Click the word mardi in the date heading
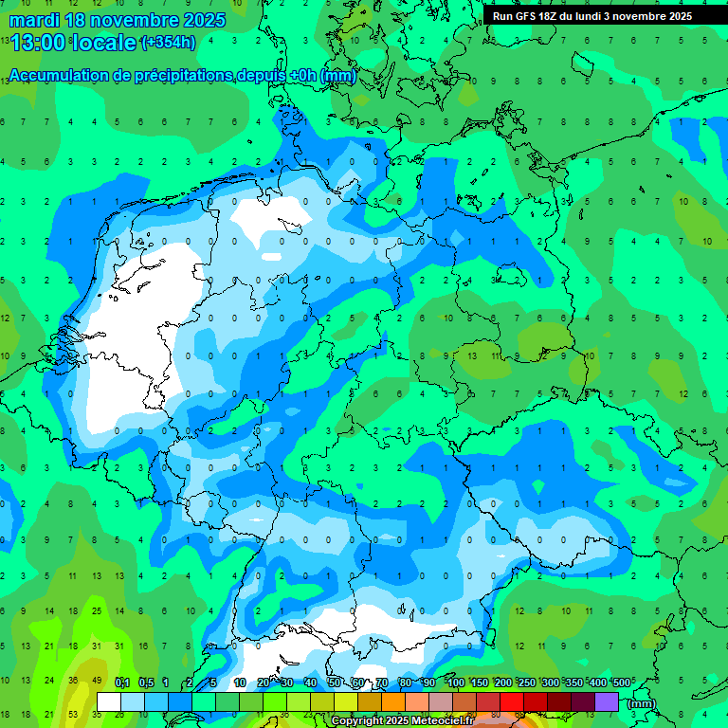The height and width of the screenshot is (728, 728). tap(34, 20)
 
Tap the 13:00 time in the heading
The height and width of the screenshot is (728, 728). tap(38, 42)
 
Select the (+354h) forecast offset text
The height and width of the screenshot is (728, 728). tap(168, 42)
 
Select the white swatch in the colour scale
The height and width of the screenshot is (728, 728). tap(109, 701)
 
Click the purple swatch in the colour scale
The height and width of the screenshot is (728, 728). tap(607, 701)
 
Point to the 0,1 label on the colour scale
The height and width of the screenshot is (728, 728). tap(121, 682)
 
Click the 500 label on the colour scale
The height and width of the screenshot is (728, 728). tap(622, 682)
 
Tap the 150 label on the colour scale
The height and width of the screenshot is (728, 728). tap(480, 682)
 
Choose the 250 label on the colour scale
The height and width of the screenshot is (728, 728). tap(527, 682)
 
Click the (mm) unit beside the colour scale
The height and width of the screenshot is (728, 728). tap(642, 703)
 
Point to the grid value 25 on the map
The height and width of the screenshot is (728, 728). tap(97, 611)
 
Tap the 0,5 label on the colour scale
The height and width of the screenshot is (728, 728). tap(146, 682)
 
